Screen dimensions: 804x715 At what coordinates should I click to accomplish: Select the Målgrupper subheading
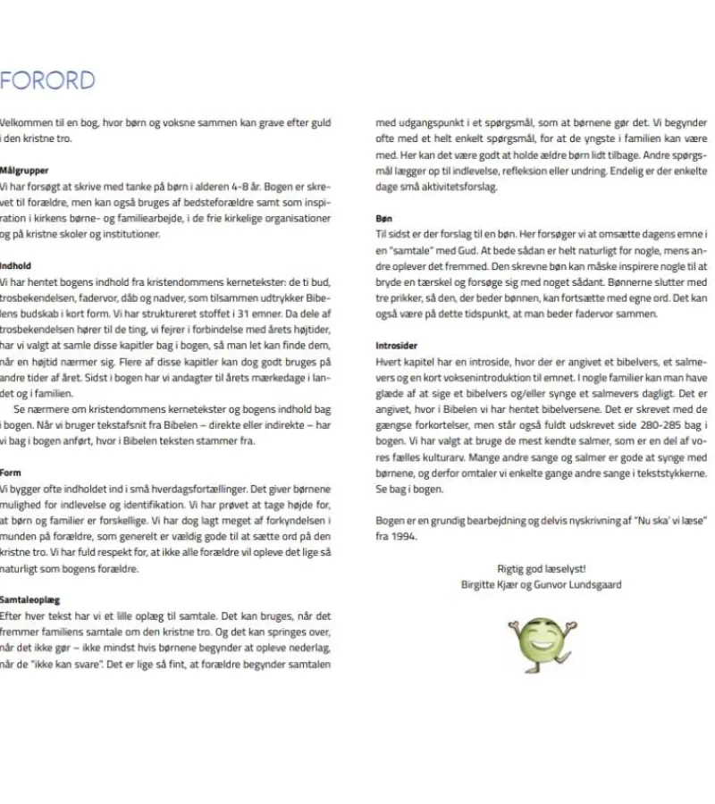pyautogui.click(x=24, y=169)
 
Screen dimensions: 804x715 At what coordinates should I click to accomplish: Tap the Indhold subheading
pyautogui.click(x=17, y=265)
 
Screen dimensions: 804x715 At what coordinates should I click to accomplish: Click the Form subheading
pyautogui.click(x=12, y=472)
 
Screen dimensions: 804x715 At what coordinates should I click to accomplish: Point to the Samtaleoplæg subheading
pyautogui.click(x=30, y=600)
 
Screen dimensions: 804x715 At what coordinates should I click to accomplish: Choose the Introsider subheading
pyautogui.click(x=396, y=346)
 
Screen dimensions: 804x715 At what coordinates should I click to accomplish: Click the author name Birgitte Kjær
pyautogui.click(x=487, y=584)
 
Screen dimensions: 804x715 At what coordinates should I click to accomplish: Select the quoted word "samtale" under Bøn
pyautogui.click(x=408, y=250)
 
